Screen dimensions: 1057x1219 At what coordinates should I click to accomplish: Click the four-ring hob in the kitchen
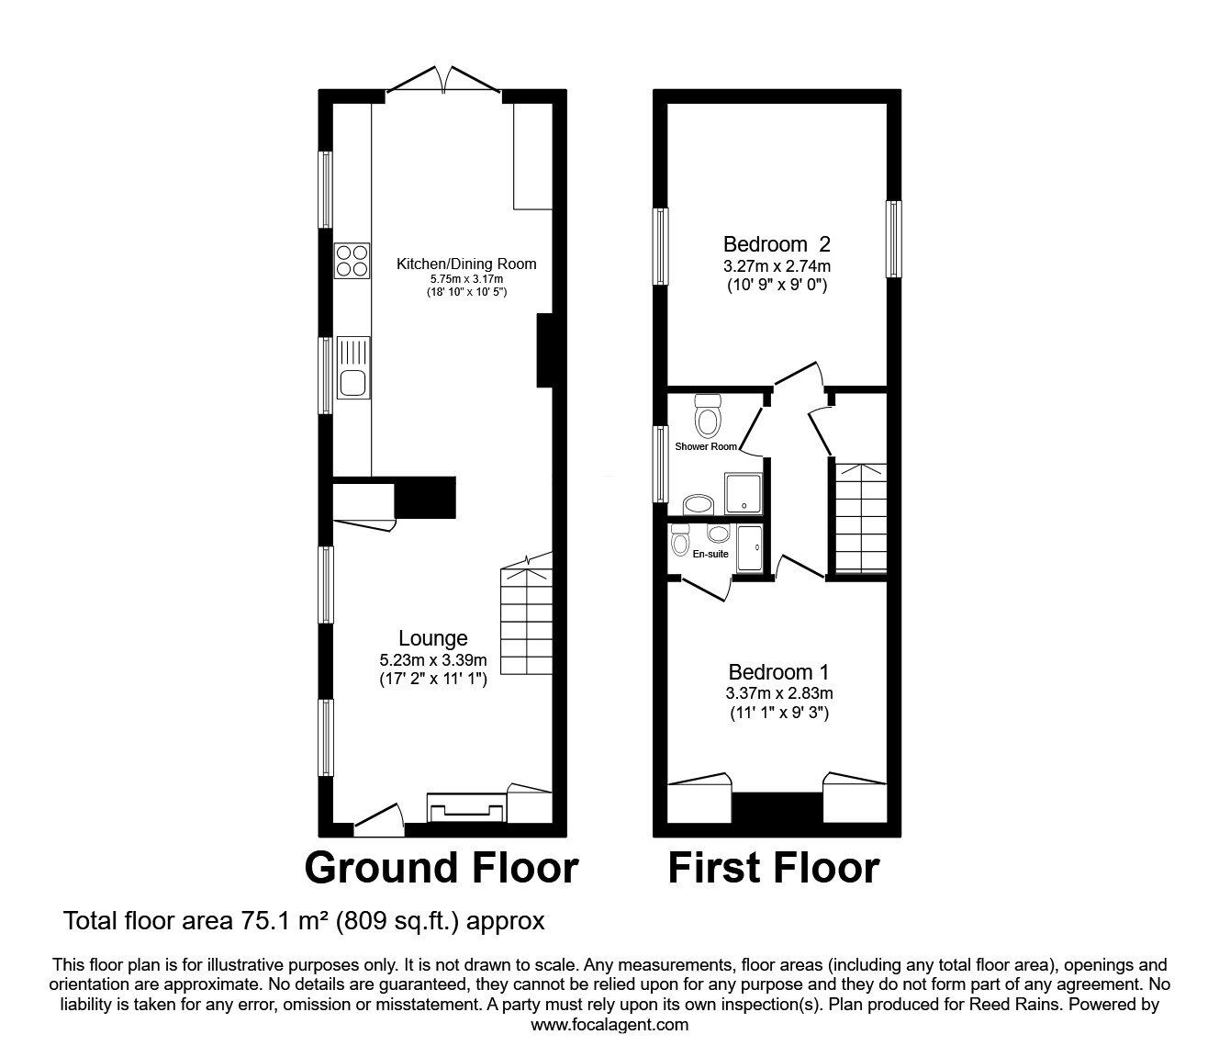352,260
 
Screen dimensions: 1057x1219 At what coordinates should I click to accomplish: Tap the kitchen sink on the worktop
352,368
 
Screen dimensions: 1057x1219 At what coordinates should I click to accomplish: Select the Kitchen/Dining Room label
465,264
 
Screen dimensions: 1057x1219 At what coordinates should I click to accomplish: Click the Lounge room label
432,638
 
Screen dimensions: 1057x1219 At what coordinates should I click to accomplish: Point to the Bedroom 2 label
777,244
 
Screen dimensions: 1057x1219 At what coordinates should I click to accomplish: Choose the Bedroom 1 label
778,672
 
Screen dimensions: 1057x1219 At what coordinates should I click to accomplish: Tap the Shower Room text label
706,446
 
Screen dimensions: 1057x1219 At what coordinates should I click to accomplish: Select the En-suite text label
710,554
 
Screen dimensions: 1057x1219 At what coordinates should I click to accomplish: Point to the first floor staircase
860,517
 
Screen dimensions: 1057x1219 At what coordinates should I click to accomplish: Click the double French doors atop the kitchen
443,80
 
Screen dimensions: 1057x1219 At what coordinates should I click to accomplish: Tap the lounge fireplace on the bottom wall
467,808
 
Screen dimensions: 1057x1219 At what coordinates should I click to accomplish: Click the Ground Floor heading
441,868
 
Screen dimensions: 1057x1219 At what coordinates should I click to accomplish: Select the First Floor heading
773,868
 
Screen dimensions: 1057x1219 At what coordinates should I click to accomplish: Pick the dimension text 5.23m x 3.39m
432,659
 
